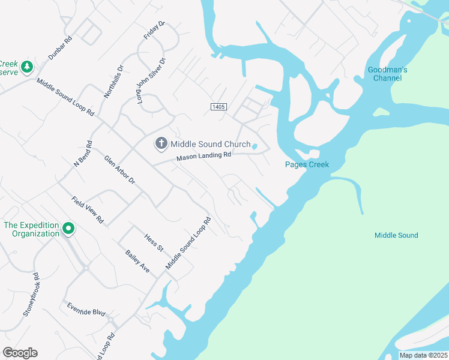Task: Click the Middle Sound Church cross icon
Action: pyautogui.click(x=161, y=143)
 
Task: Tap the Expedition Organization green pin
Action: pyautogui.click(x=68, y=228)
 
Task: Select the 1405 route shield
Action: pyautogui.click(x=218, y=106)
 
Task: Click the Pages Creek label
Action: pyautogui.click(x=307, y=165)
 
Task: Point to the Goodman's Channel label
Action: pyautogui.click(x=388, y=74)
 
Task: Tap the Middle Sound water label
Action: pyautogui.click(x=396, y=235)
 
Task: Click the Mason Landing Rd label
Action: pyautogui.click(x=203, y=157)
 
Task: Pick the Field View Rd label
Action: pyautogui.click(x=88, y=210)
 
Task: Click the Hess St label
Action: pyautogui.click(x=154, y=242)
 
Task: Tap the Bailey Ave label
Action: pyautogui.click(x=137, y=262)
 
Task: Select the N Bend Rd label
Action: pyautogui.click(x=83, y=155)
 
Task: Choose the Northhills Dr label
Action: pyautogui.click(x=113, y=82)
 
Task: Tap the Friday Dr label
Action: pyautogui.click(x=154, y=31)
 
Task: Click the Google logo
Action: pyautogui.click(x=20, y=353)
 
